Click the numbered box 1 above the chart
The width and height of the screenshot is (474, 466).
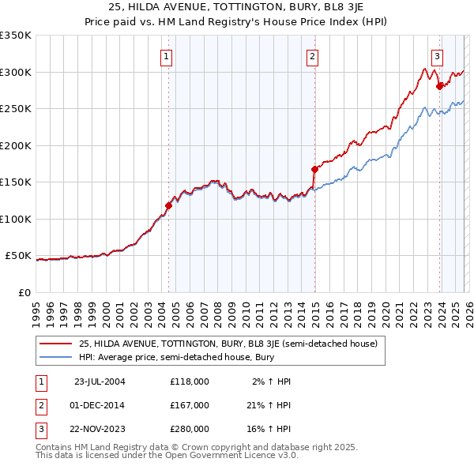point(167,56)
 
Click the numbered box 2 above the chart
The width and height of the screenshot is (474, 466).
point(313,56)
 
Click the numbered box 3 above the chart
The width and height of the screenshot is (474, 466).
point(437,56)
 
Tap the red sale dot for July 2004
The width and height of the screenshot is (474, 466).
point(168,205)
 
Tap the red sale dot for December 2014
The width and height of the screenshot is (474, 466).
point(314,169)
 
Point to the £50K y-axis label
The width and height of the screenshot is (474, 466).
point(19,256)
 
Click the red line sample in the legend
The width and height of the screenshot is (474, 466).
point(55,344)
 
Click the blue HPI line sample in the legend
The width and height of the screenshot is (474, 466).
point(55,358)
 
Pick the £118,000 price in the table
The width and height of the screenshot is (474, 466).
point(190,381)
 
